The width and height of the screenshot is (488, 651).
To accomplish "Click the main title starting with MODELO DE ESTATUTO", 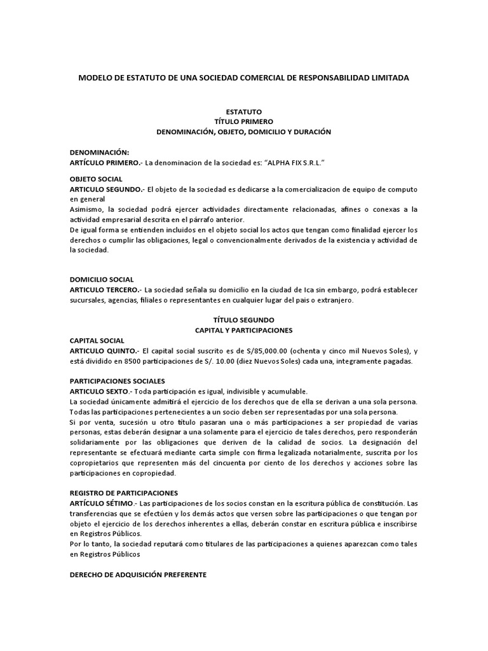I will (x=243, y=78).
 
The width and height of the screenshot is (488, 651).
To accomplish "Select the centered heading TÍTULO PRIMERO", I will (x=244, y=121).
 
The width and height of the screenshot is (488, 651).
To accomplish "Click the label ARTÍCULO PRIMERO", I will (x=105, y=163).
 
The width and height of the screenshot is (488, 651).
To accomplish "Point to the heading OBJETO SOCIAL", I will (x=96, y=179).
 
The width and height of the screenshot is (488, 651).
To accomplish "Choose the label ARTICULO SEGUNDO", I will (x=107, y=189).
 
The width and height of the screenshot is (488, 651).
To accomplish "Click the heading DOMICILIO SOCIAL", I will (x=102, y=279).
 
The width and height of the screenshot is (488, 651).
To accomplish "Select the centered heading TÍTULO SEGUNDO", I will (x=244, y=320).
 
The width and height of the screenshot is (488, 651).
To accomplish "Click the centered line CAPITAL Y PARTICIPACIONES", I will (x=244, y=331).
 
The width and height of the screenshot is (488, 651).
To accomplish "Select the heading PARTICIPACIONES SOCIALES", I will (x=117, y=381).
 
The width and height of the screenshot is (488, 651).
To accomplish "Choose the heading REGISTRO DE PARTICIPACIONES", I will (x=124, y=493).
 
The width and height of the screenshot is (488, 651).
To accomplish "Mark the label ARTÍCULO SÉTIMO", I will (x=102, y=504).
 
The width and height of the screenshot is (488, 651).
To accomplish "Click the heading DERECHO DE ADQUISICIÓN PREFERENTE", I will (x=138, y=575).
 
